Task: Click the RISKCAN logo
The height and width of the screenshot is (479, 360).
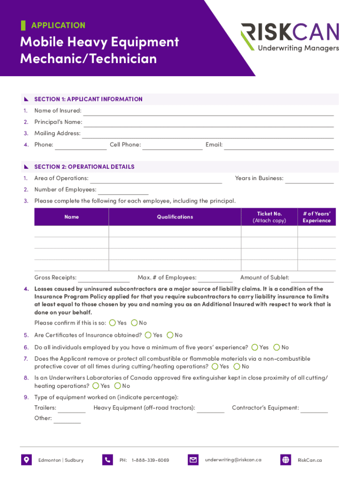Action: [290, 37]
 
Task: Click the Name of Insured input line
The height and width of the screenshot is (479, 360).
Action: [208, 111]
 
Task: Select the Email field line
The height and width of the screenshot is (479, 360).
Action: [279, 145]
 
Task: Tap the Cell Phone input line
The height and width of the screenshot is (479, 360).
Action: [173, 145]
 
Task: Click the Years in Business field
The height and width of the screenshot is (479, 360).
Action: [310, 179]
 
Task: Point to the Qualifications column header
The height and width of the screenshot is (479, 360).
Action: [175, 217]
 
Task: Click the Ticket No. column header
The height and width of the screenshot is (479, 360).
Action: [269, 217]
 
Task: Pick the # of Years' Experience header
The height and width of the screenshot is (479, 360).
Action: [317, 217]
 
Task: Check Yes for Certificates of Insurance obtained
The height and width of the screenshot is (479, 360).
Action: [148, 335]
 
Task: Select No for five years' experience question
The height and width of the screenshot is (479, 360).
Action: [277, 347]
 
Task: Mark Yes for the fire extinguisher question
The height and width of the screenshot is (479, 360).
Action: [96, 386]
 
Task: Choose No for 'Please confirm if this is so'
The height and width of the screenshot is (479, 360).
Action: [135, 323]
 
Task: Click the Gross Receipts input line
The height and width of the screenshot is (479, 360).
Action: [104, 278]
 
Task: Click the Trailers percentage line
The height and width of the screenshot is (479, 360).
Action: [72, 409]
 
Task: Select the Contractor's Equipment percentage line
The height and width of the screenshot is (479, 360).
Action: [314, 409]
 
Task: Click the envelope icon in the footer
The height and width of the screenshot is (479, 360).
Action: [193, 460]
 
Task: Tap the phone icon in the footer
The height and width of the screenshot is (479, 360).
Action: [108, 460]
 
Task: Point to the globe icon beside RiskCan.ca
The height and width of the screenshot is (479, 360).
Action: [286, 460]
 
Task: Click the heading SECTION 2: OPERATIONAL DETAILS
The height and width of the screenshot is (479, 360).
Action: [84, 167]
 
